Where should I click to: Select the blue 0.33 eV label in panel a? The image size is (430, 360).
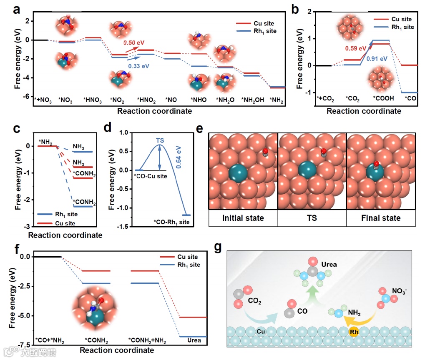click(x=138, y=65)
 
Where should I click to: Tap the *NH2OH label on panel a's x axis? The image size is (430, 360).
click(x=253, y=100)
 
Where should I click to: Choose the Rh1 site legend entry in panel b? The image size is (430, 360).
click(x=400, y=27)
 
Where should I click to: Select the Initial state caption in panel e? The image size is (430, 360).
click(x=243, y=218)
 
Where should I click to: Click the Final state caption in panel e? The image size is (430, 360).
click(x=381, y=218)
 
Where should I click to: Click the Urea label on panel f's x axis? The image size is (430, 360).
click(x=194, y=340)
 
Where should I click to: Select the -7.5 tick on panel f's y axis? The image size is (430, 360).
click(x=22, y=345)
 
